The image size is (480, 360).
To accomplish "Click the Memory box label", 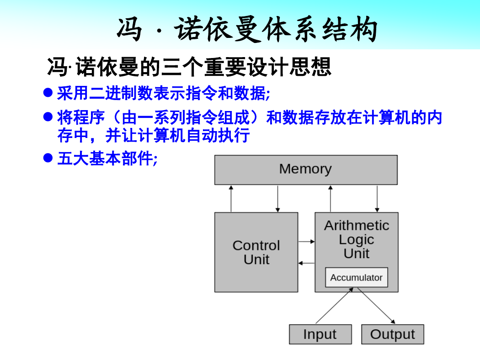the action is pyautogui.click(x=305, y=169).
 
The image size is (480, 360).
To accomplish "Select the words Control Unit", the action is pyautogui.click(x=256, y=252).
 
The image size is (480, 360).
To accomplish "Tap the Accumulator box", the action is pyautogui.click(x=356, y=277).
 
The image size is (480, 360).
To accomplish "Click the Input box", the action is pyautogui.click(x=320, y=334).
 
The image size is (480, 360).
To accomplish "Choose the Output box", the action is pyautogui.click(x=392, y=334).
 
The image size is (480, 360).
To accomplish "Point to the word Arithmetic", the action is pyautogui.click(x=357, y=225).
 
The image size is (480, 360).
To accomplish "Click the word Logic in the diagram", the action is pyautogui.click(x=356, y=240).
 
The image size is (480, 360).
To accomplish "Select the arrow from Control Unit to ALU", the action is pyautogui.click(x=306, y=242).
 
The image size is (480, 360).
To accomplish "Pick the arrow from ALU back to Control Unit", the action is pyautogui.click(x=306, y=263).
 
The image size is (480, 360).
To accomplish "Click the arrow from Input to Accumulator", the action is pyautogui.click(x=335, y=305).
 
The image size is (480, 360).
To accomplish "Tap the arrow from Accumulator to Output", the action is pyautogui.click(x=376, y=305).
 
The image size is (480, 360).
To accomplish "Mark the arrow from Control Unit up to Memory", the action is pyautogui.click(x=231, y=199).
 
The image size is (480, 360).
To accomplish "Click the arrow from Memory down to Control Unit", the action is pyautogui.click(x=277, y=199).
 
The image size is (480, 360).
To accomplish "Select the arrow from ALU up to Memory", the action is pyautogui.click(x=331, y=199).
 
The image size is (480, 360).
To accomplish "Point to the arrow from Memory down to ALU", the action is pyautogui.click(x=377, y=199).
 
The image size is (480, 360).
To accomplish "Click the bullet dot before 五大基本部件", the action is pyautogui.click(x=48, y=158).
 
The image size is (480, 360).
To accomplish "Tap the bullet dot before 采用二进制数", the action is pyautogui.click(x=48, y=92).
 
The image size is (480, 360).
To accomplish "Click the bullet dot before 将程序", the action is pyautogui.click(x=48, y=116).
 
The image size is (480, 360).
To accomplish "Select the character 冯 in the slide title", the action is pyautogui.click(x=129, y=29).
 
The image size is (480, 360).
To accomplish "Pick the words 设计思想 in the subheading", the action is pyautogui.click(x=289, y=67).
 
